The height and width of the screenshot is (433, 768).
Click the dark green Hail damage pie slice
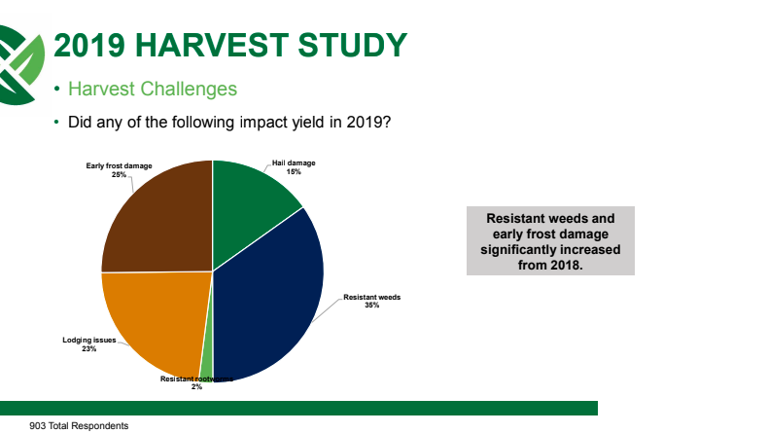250,206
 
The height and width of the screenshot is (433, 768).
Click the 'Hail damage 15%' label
294,167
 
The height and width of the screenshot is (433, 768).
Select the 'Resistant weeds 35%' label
371,301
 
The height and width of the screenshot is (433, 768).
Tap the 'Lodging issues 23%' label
89,344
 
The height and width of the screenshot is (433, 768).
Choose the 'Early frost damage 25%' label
119,170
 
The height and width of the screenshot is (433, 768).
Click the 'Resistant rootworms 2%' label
196,382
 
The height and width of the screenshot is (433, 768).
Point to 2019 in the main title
89,45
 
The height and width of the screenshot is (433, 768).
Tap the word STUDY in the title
352,45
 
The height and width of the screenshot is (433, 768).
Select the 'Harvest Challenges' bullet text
153,89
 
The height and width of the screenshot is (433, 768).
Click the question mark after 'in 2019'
387,122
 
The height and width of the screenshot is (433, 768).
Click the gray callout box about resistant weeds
550,240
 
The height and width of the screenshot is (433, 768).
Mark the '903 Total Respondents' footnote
79,425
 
